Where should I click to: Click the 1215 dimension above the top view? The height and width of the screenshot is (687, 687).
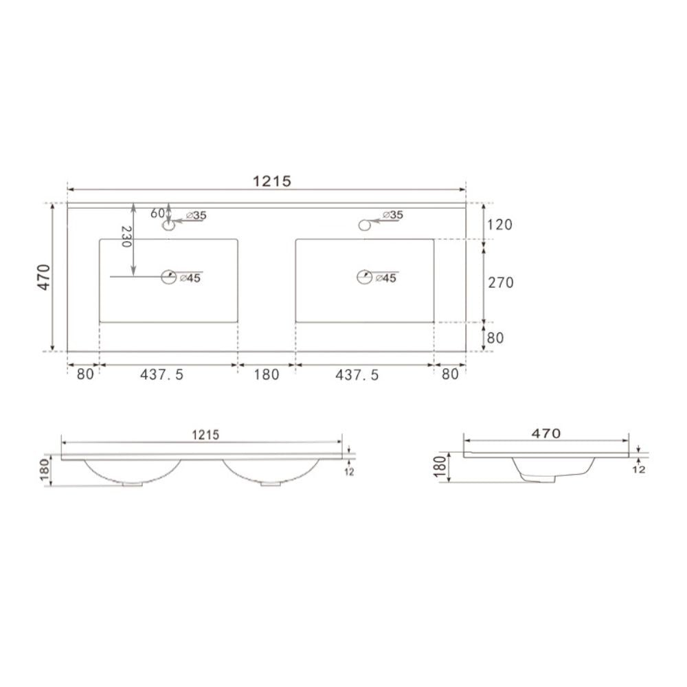pyautogui.click(x=273, y=181)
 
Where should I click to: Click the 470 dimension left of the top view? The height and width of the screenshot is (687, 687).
pyautogui.click(x=44, y=277)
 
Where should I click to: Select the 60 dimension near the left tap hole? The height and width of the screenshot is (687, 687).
pyautogui.click(x=157, y=213)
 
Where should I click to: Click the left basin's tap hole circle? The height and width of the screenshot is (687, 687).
pyautogui.click(x=168, y=225)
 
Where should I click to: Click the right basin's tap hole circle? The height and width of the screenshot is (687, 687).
pyautogui.click(x=364, y=224)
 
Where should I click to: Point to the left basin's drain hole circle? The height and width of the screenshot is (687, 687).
pyautogui.click(x=168, y=277)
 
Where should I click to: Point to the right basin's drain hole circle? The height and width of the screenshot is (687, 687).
pyautogui.click(x=364, y=277)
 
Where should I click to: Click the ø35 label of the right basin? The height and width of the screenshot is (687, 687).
pyautogui.click(x=392, y=215)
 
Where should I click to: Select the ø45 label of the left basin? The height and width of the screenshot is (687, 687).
pyautogui.click(x=190, y=278)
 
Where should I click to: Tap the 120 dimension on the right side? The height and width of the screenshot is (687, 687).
pyautogui.click(x=499, y=225)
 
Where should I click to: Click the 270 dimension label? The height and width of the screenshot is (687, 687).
pyautogui.click(x=499, y=282)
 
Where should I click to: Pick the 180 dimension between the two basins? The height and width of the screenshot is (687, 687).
pyautogui.click(x=267, y=374)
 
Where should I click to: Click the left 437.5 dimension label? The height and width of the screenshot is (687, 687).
pyautogui.click(x=162, y=374)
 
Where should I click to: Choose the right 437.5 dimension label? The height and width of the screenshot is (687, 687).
pyautogui.click(x=357, y=374)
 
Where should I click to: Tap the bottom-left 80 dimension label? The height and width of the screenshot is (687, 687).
pyautogui.click(x=85, y=374)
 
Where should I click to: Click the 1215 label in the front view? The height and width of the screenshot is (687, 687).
pyautogui.click(x=205, y=435)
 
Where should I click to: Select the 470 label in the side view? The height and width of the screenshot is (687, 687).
pyautogui.click(x=546, y=433)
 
